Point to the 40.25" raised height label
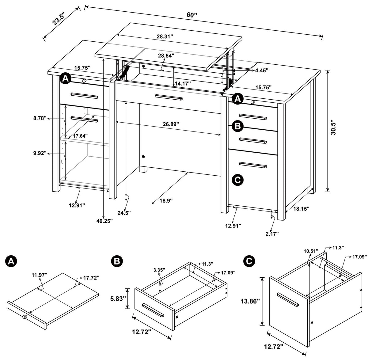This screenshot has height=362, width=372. click(x=104, y=221)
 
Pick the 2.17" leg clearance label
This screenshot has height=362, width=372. click(x=272, y=234)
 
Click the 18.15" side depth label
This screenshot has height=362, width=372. click(x=301, y=208)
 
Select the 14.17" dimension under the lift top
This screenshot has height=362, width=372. click(x=183, y=83)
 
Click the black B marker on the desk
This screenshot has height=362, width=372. click(x=237, y=126)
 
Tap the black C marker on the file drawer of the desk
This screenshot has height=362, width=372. click(x=237, y=180)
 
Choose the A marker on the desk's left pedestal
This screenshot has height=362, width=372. click(x=65, y=78)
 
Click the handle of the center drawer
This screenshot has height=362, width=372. click(x=169, y=97)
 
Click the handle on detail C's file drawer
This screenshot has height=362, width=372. click(x=287, y=299)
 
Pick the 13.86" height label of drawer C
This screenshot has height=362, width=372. click(x=250, y=301)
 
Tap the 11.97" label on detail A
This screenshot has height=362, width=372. click(x=39, y=275)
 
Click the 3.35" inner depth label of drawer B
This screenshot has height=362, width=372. click(x=159, y=270)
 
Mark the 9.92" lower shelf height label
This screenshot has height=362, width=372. click(x=40, y=153)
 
